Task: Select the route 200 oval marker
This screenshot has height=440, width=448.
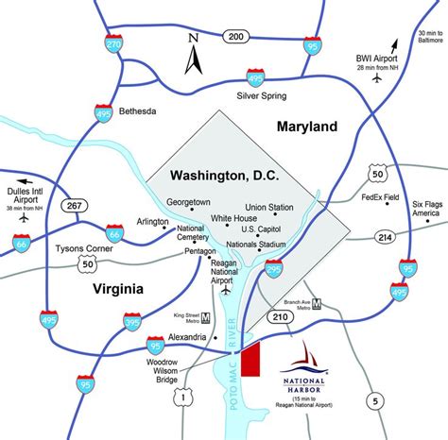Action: coord(236,36)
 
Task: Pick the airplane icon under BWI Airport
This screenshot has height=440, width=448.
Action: coord(377,80)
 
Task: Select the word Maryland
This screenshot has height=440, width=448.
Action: coord(306,126)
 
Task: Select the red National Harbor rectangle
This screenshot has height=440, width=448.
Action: coord(250,360)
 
